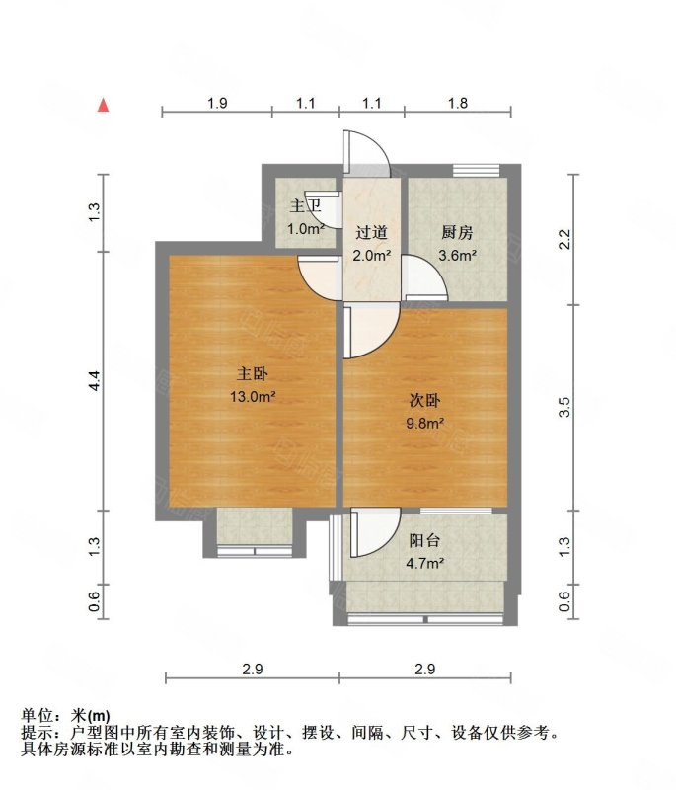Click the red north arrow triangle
coord(104,105)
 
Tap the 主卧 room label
coord(253,374)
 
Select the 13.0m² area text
coord(253,397)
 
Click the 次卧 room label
coord(424,401)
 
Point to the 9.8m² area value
coord(424,424)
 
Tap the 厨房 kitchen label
coord(457,233)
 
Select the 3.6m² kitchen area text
coord(457,256)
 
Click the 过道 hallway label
coord(371,233)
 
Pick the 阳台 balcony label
coord(424,540)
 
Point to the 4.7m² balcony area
coord(424,563)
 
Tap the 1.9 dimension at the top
coord(217,104)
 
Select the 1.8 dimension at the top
coord(458,104)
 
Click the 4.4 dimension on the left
coord(94,381)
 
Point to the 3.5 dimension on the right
coord(564,407)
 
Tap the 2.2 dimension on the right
coord(564,239)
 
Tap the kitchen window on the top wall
coord(477,170)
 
